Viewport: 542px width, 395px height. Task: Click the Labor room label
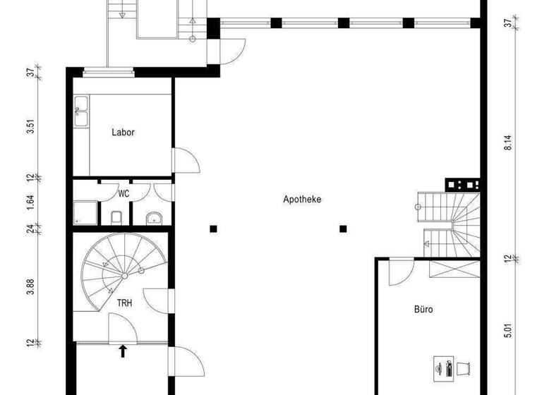coord(123,132)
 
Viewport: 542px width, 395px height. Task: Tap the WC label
coord(124,193)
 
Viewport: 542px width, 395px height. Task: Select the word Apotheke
coord(302,200)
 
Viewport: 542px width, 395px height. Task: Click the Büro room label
coord(423,309)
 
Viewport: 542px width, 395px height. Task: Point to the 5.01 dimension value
coord(507,329)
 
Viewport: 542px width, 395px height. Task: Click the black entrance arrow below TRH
coord(123,350)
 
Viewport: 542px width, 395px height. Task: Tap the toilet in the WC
coord(117,215)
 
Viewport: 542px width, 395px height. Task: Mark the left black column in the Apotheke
coord(213,229)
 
